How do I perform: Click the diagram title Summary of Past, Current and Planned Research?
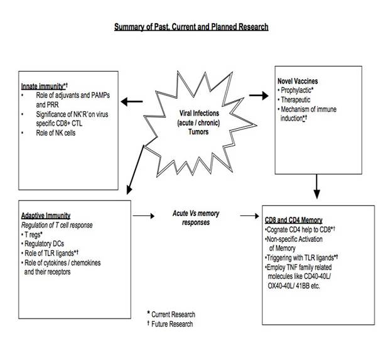coord(191,27)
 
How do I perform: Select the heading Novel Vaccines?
coord(298,82)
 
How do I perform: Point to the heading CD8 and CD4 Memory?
coord(294,221)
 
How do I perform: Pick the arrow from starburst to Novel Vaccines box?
coord(258,95)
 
